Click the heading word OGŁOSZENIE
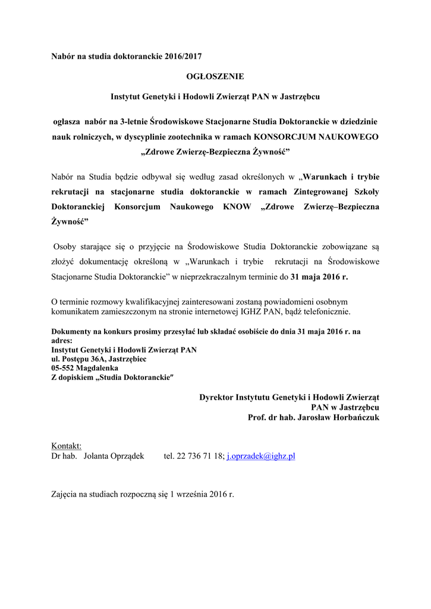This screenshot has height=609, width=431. click(215, 76)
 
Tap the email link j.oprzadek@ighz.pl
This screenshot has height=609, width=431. click(261, 456)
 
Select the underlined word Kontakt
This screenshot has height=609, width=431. click(67, 446)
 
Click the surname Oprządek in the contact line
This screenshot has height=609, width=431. click(124, 456)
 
